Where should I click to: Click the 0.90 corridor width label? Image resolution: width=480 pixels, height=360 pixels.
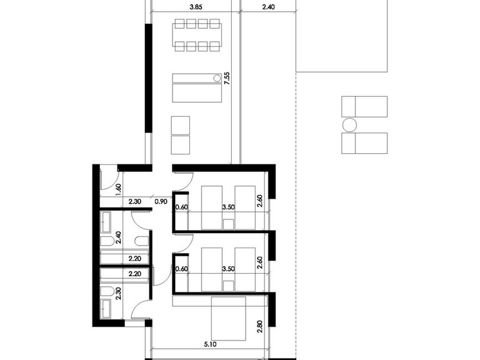(161, 202)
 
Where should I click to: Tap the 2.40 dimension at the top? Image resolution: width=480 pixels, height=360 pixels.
(267, 8)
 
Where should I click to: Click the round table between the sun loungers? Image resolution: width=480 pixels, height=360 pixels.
(349, 125)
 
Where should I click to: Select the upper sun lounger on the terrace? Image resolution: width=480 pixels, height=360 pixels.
(364, 106)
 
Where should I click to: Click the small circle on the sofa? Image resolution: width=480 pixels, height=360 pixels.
(217, 78)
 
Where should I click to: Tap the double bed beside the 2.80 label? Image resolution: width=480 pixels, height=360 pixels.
(229, 319)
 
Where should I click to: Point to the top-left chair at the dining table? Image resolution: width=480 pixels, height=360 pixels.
(180, 24)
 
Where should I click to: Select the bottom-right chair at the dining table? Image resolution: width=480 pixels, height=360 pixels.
(215, 46)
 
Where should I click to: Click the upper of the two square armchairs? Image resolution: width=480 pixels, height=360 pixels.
(180, 124)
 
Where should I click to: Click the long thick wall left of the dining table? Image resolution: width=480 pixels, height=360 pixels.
(147, 77)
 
